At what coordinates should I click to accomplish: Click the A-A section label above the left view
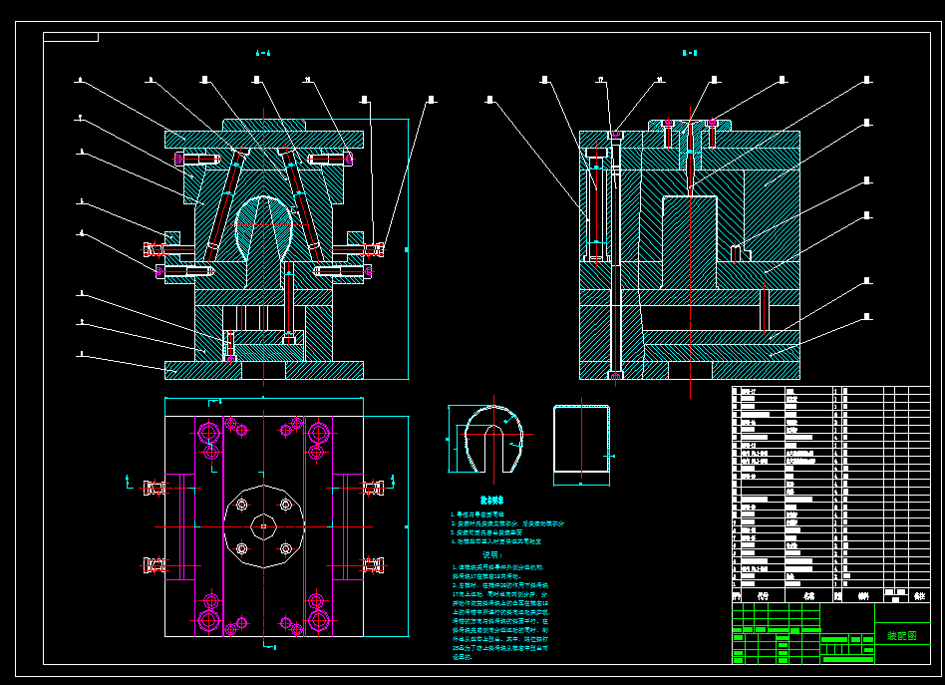(x=263, y=53)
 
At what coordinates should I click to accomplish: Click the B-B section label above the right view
(x=689, y=53)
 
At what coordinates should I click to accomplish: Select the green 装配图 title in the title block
(x=901, y=635)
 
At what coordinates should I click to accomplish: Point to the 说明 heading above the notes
(x=491, y=554)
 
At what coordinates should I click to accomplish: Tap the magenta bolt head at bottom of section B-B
(x=615, y=375)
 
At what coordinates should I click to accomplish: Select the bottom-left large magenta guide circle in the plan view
(x=209, y=620)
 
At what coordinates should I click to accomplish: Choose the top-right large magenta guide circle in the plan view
(x=319, y=433)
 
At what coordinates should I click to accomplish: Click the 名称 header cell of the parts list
(x=807, y=596)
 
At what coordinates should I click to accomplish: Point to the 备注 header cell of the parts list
(x=919, y=596)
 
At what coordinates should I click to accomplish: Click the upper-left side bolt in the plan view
(x=155, y=488)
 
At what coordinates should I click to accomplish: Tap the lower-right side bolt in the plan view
(x=373, y=566)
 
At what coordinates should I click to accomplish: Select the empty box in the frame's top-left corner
(x=71, y=37)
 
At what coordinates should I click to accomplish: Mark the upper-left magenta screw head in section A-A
(x=180, y=160)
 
